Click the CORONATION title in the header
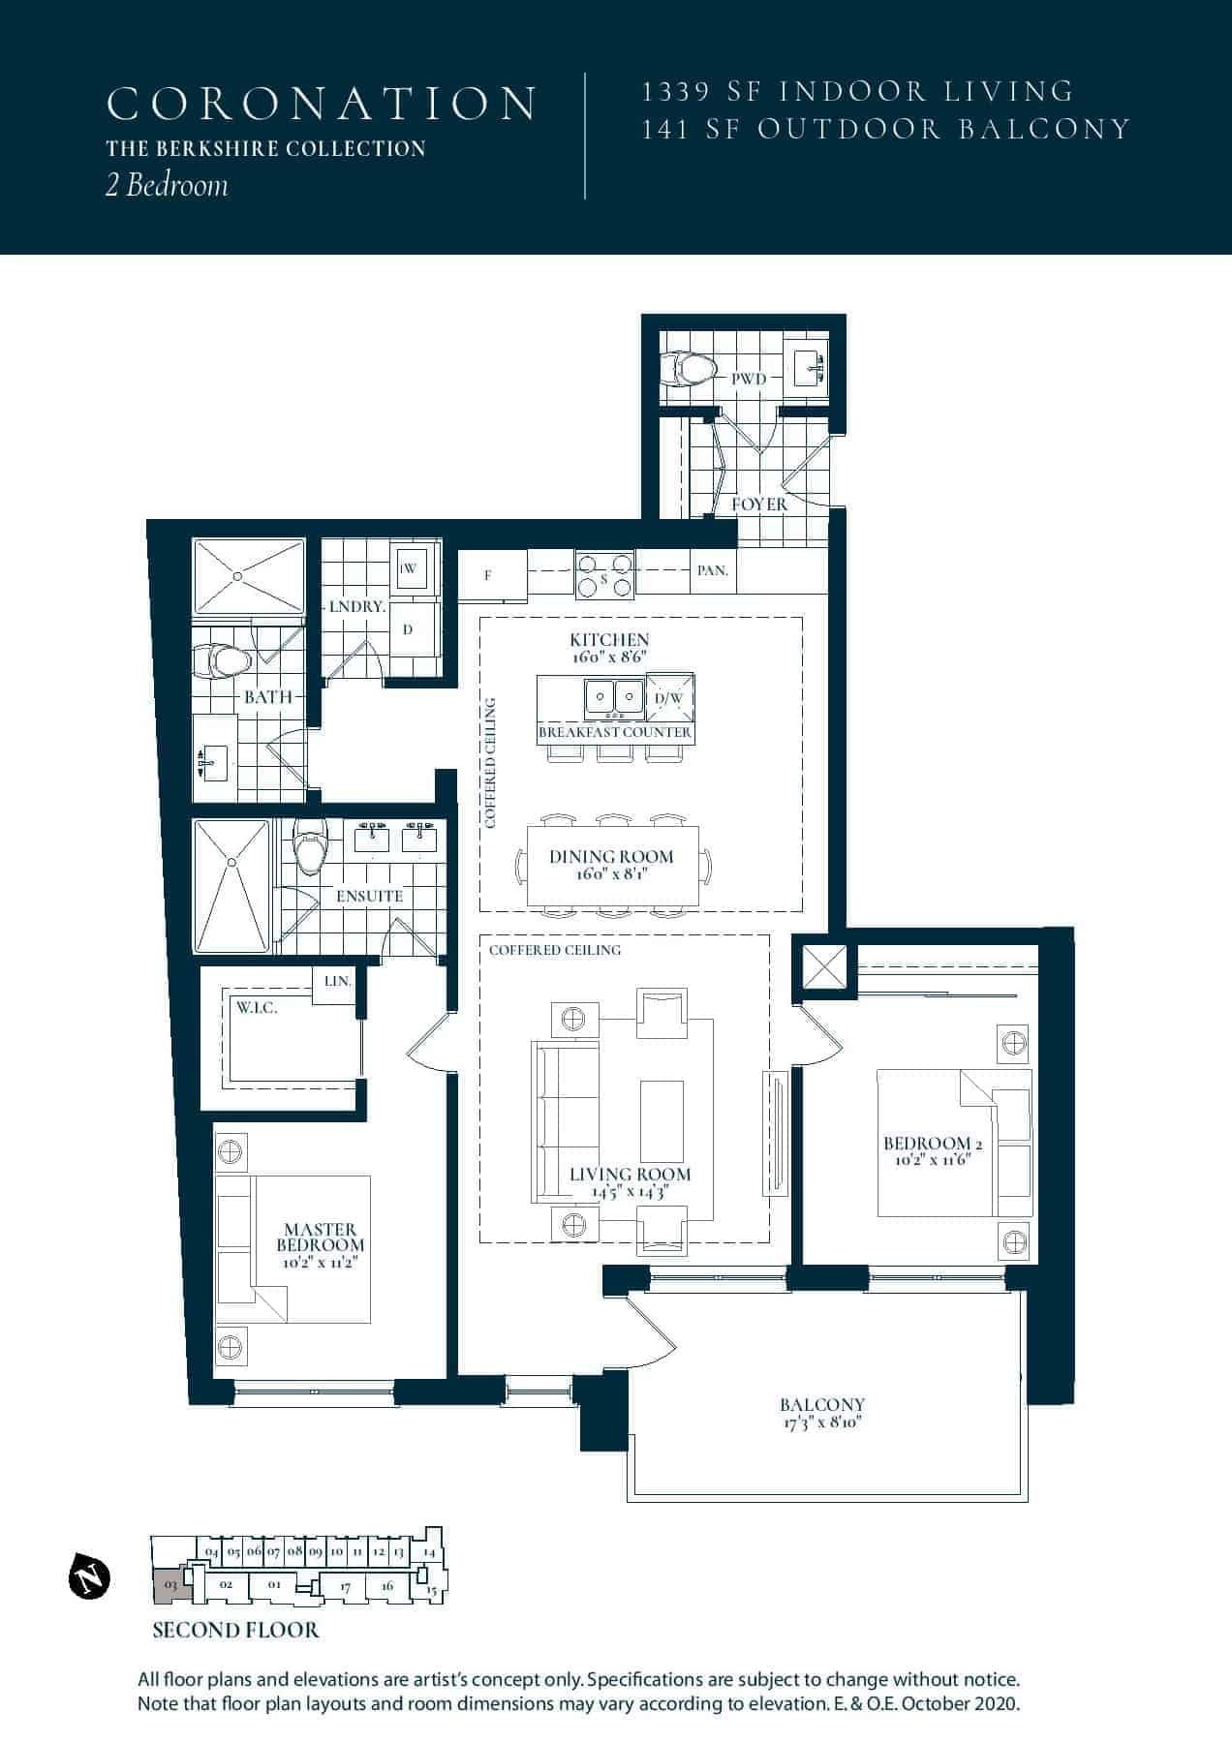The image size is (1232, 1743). [x=322, y=104]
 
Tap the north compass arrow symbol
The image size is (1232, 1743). [x=89, y=1578]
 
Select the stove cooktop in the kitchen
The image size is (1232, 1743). [x=605, y=574]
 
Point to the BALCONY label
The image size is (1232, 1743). [x=822, y=1404]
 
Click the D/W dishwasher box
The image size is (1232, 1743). [x=669, y=697]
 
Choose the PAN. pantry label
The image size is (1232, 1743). [x=713, y=570]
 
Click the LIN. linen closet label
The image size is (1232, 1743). [x=337, y=981]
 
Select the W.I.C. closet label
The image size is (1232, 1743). [x=257, y=1008]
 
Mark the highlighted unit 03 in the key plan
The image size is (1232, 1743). [x=169, y=1585]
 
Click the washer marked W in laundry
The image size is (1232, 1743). [x=409, y=569]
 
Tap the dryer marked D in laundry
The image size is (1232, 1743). [x=408, y=629]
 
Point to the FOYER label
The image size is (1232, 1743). [x=759, y=505]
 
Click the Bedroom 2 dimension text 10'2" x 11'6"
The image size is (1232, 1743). [x=927, y=1159]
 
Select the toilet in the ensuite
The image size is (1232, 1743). [x=311, y=847]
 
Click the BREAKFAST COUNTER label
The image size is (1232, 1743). [x=615, y=732]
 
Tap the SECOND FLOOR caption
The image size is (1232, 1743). [x=235, y=1631]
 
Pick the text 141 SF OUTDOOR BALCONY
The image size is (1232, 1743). [x=886, y=130]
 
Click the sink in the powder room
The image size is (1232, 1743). [x=809, y=369]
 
